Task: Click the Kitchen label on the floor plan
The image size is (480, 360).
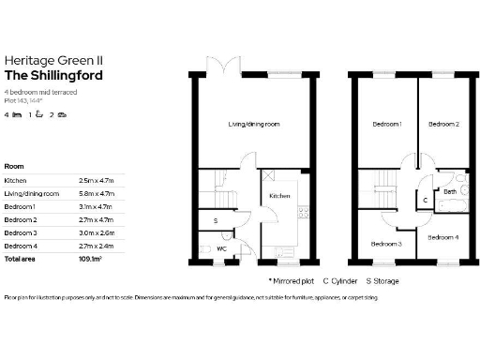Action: coord(279,195)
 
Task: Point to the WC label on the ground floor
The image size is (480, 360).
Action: coord(221,248)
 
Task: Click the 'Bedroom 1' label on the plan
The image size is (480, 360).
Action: coord(386,125)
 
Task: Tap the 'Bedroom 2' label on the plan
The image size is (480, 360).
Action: coord(442,125)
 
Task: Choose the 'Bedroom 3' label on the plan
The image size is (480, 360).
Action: coord(386,244)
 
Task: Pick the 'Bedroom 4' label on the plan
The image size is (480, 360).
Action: coord(442,236)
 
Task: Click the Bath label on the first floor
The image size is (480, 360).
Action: coord(449,191)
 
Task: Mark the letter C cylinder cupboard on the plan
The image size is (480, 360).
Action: coord(425,201)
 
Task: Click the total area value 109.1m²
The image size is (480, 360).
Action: coord(90,257)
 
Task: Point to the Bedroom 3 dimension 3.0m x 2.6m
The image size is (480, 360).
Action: coord(95,232)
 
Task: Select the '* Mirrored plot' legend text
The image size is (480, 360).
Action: coord(291,279)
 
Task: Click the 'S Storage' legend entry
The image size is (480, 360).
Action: coord(382,279)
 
